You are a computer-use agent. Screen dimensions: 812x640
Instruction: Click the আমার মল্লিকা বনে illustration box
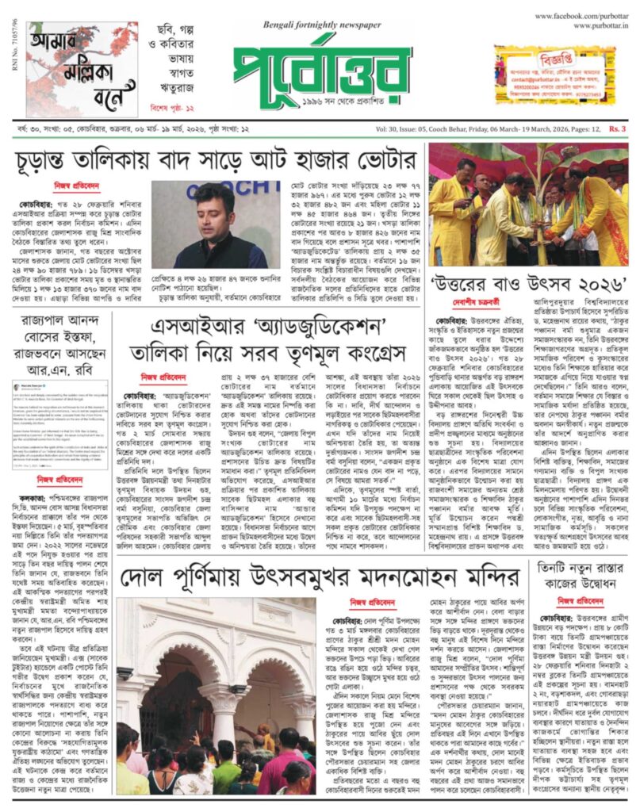80,69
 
